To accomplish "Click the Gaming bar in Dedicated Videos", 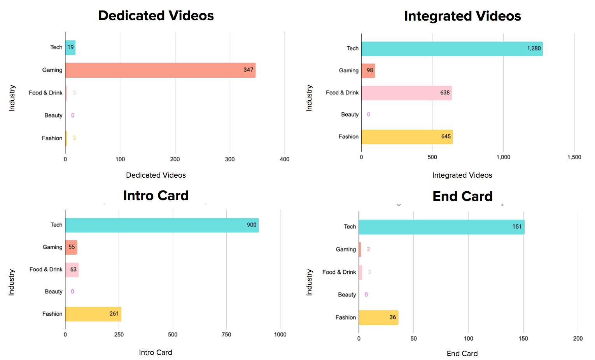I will (x=160, y=70).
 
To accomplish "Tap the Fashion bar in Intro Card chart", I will (x=93, y=314).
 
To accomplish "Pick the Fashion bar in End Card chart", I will (x=378, y=318).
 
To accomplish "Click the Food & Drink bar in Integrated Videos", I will (x=406, y=93).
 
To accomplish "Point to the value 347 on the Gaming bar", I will (x=248, y=70).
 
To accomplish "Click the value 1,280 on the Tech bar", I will (x=534, y=49).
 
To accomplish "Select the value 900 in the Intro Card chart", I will (x=252, y=225).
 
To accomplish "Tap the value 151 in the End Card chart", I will (x=517, y=227).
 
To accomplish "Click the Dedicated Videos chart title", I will (x=156, y=16).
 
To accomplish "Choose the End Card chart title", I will (x=462, y=196).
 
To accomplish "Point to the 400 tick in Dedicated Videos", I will (x=285, y=159).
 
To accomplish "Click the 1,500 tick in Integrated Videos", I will (x=574, y=157).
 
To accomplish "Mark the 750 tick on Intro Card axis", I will (x=226, y=335).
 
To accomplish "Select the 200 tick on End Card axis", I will (x=578, y=339).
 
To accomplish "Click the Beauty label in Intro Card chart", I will (x=54, y=292).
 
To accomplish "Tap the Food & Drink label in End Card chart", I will (x=339, y=272).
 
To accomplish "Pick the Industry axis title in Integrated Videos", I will (x=309, y=98).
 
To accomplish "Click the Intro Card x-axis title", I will (x=156, y=353).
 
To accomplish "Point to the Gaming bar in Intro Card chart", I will (x=71, y=247).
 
